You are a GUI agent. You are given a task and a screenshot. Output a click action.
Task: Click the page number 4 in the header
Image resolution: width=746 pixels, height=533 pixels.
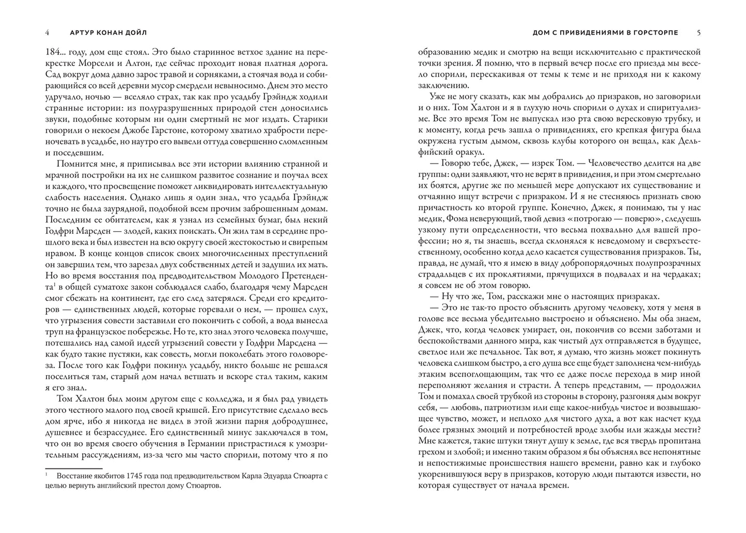(x=47, y=33)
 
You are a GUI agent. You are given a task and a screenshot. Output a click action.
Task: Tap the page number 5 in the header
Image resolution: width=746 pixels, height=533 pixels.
(x=699, y=33)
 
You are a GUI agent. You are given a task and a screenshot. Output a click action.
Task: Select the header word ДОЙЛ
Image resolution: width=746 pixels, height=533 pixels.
(x=135, y=33)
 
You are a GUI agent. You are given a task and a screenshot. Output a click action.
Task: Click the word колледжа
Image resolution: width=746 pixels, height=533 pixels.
(x=203, y=400)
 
